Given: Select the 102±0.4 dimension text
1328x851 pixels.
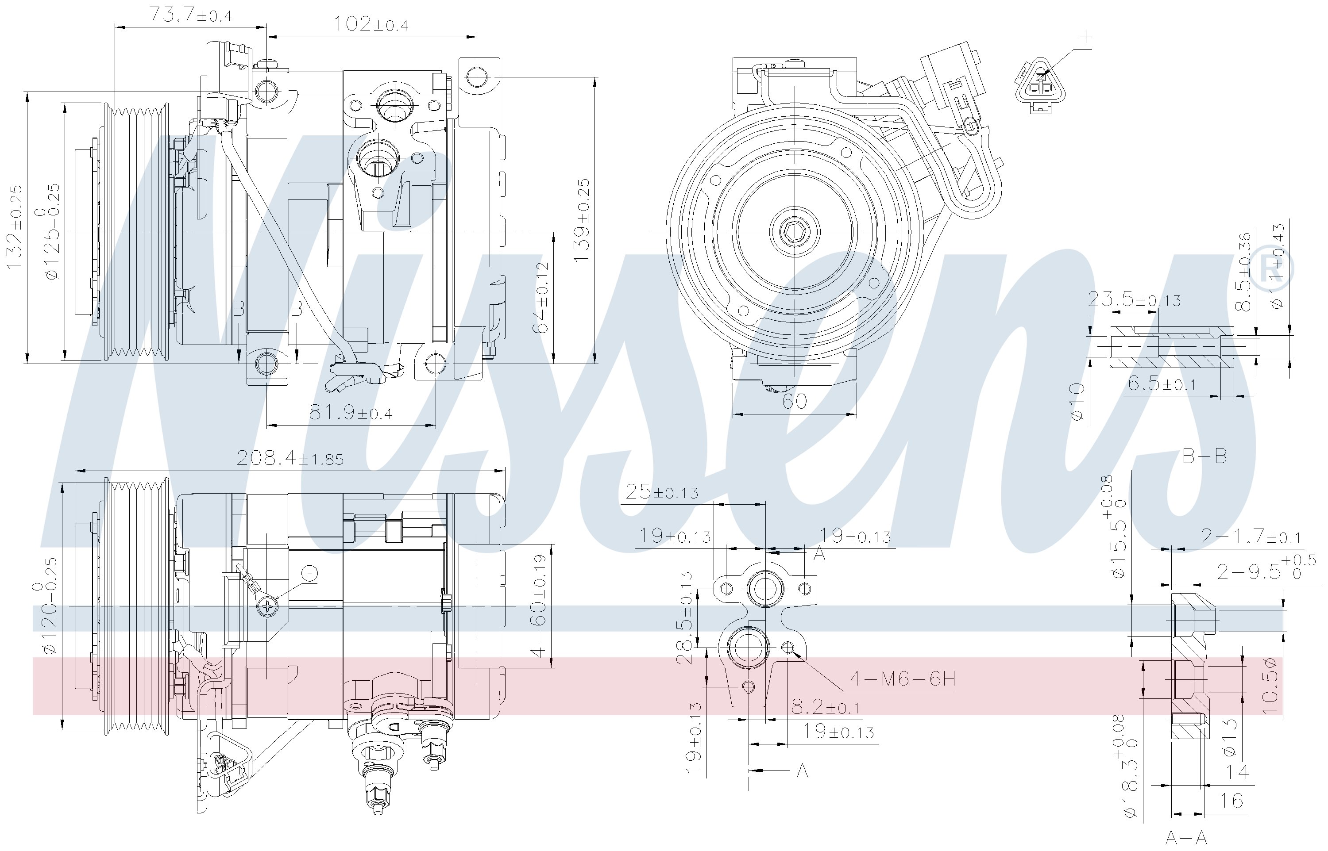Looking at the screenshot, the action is click(371, 24).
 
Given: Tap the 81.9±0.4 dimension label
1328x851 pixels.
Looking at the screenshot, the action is click(351, 412).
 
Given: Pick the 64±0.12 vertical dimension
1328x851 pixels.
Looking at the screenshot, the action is click(541, 297).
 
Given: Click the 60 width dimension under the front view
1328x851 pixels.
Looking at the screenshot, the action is click(795, 401).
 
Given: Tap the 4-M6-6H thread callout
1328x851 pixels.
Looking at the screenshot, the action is click(902, 678).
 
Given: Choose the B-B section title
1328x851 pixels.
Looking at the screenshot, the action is click(1204, 456).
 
